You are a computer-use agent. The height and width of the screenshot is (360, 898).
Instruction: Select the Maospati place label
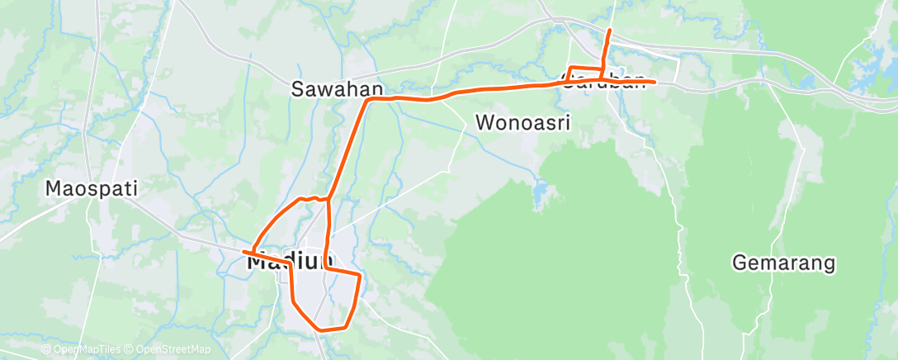[91, 189]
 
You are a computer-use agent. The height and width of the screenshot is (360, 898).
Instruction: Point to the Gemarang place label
[784, 263]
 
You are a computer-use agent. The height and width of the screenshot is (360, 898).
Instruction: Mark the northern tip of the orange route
[609, 31]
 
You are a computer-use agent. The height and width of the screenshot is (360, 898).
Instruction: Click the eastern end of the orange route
[655, 82]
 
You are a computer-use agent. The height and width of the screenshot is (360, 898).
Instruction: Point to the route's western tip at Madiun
[243, 250]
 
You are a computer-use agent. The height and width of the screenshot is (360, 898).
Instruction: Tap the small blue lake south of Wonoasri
[540, 195]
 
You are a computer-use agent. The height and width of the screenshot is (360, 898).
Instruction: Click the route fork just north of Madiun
[328, 199]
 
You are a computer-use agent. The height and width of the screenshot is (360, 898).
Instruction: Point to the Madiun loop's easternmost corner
[361, 274]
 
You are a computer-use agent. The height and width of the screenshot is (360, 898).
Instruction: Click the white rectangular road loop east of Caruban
[678, 69]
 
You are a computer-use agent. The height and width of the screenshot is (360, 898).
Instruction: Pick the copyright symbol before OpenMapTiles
[46, 351]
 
